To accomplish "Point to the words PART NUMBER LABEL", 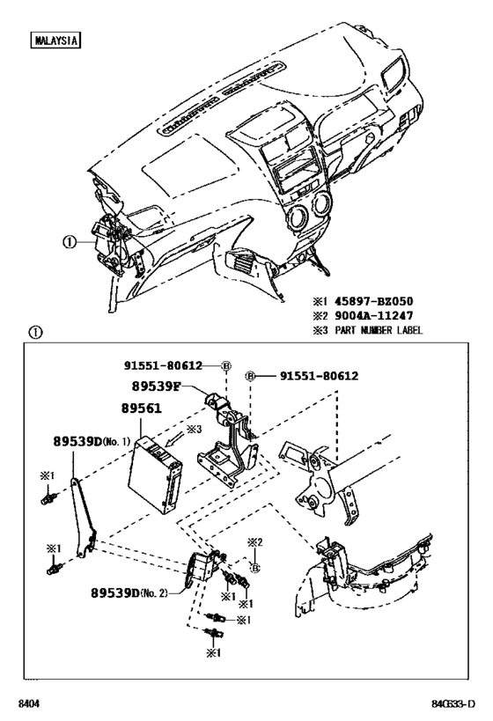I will click(x=378, y=330).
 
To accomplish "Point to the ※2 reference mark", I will click(x=254, y=542).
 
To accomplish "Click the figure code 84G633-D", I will click(x=453, y=703).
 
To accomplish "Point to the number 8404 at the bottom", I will click(x=26, y=703).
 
